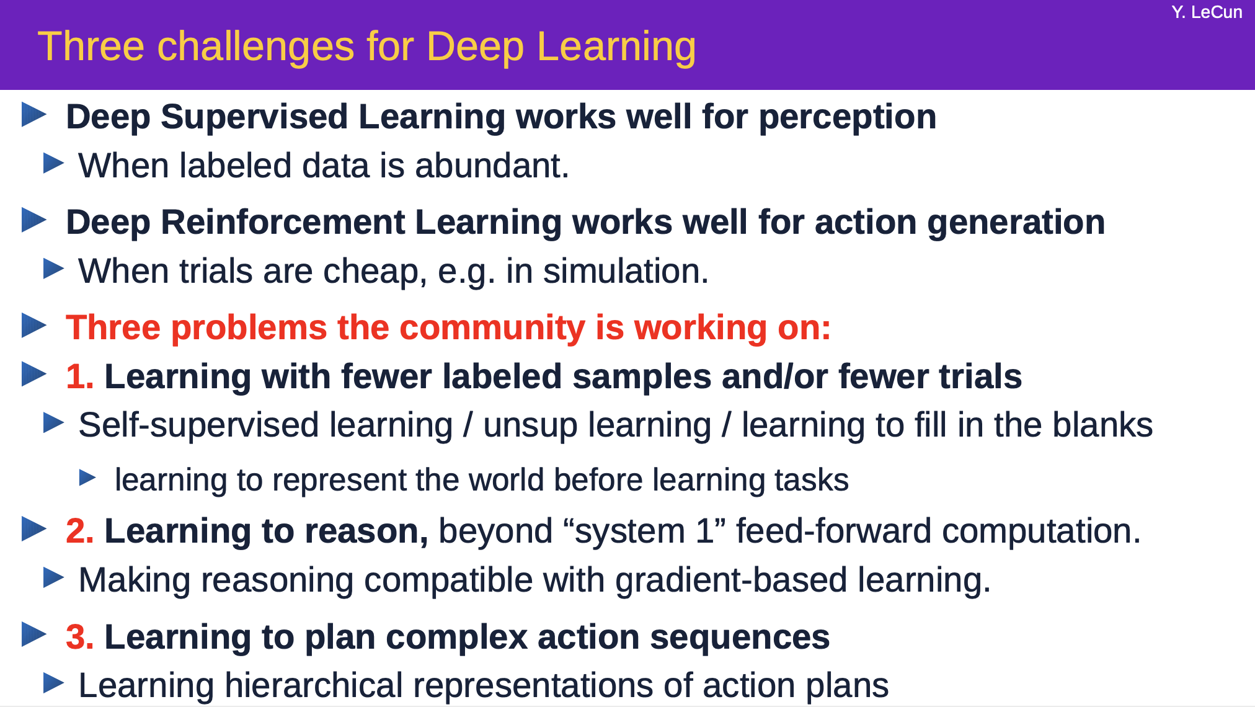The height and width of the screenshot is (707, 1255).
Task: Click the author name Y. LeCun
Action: (x=1207, y=12)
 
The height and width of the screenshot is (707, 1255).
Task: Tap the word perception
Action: (x=847, y=118)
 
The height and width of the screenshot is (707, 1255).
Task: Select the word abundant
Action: (x=492, y=166)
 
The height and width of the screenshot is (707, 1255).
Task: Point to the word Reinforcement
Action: (x=283, y=222)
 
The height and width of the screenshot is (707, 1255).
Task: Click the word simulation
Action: (x=626, y=271)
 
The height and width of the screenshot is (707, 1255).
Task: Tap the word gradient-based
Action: (x=731, y=581)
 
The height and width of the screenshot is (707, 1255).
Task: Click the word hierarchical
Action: (x=314, y=685)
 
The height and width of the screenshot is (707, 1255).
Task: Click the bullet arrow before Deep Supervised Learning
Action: (x=34, y=115)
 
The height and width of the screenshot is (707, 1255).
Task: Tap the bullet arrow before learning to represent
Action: (x=87, y=478)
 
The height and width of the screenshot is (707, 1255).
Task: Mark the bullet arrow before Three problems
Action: (x=34, y=326)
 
